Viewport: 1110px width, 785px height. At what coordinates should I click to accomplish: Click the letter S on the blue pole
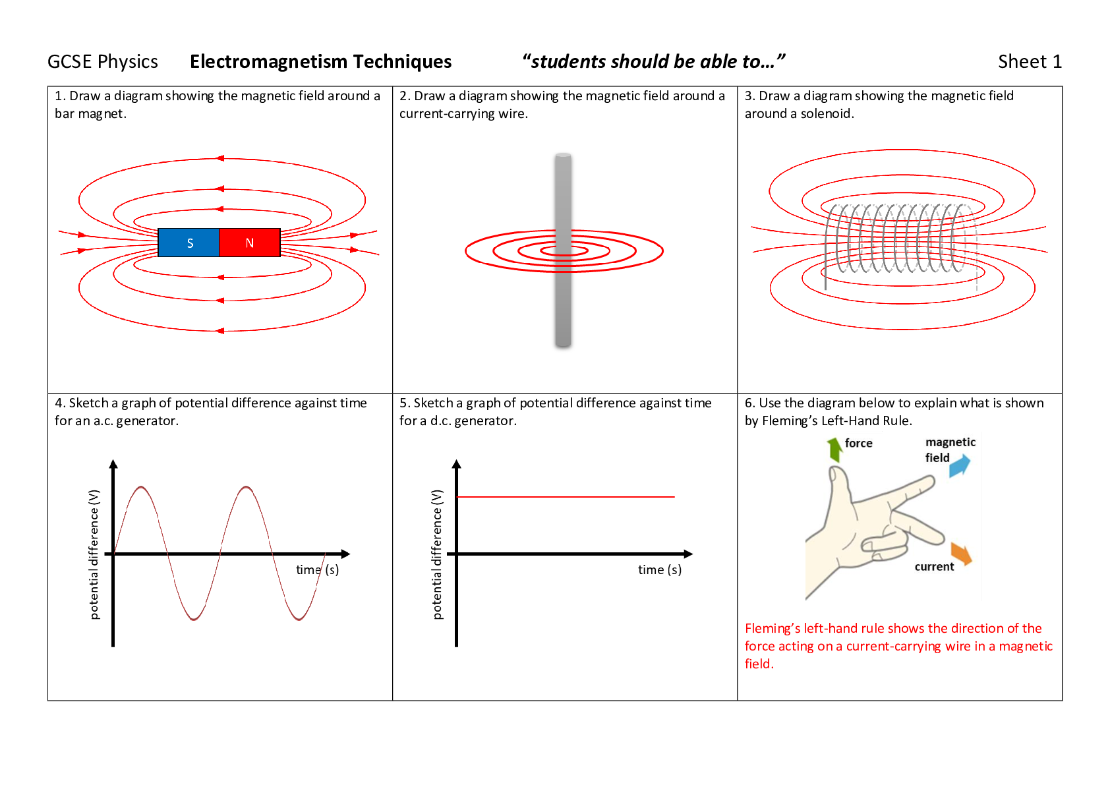pos(190,243)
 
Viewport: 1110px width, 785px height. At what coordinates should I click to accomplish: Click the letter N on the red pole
pos(249,243)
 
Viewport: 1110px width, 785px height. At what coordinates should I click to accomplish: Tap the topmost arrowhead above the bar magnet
pos(220,158)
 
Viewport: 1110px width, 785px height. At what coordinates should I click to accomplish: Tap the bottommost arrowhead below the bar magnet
pos(220,330)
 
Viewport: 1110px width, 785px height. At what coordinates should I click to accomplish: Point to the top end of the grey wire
pos(563,156)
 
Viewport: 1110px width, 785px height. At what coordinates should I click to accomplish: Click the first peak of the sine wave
pos(140,488)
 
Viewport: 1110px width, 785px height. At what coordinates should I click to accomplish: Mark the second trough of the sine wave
pos(299,619)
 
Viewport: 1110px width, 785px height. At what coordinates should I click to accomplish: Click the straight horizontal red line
pos(565,497)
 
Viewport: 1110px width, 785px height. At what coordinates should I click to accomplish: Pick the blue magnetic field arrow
pos(960,465)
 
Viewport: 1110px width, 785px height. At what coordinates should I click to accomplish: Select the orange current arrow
pos(962,554)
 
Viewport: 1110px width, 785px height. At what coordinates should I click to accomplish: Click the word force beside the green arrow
pos(858,444)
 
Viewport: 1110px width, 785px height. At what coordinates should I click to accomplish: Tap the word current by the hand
pos(934,567)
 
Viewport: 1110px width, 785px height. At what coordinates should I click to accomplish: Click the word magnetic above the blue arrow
pos(950,442)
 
